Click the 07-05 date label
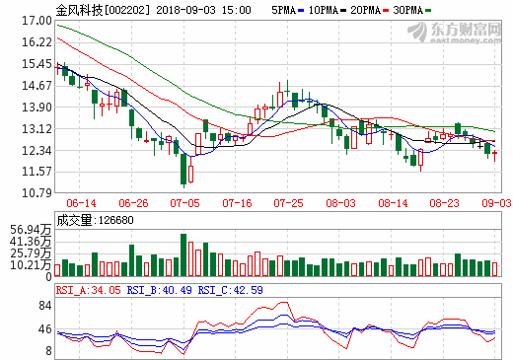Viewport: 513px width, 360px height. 184,201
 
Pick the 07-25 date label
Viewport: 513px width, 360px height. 289,201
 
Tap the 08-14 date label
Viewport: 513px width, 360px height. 393,201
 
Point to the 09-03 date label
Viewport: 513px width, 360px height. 495,201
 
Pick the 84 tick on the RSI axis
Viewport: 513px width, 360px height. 44,306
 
